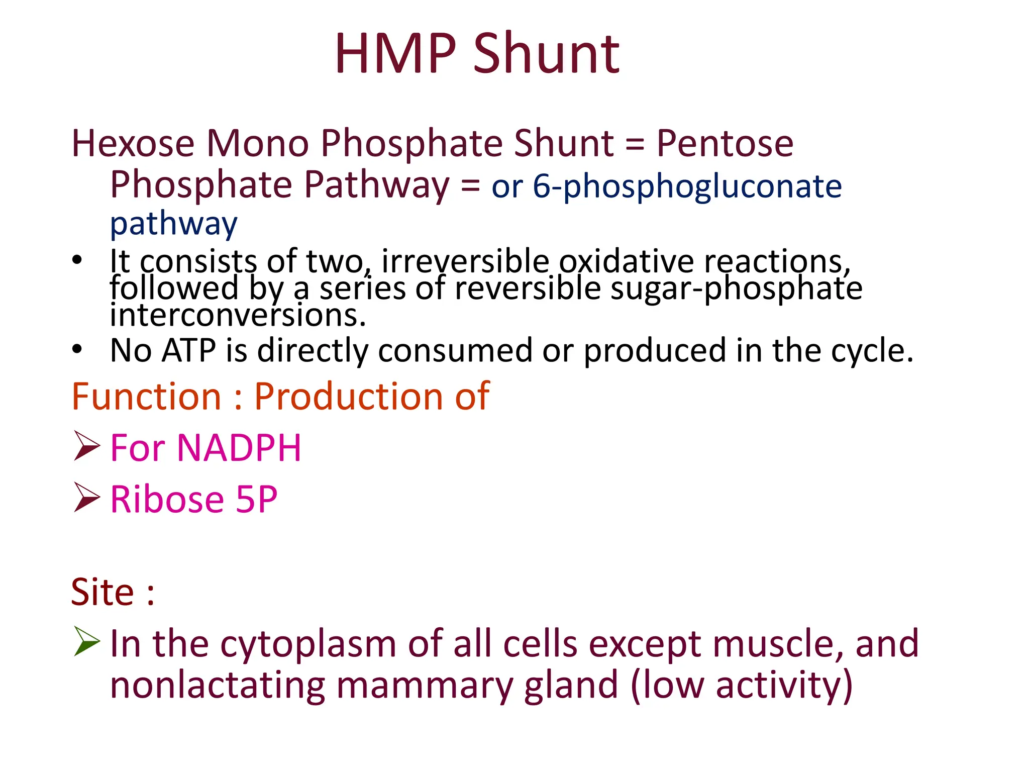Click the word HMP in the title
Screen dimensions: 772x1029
[x=395, y=54]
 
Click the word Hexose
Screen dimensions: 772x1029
[x=133, y=144]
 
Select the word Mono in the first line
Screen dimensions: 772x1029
[x=258, y=144]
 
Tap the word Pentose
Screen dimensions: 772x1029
[x=725, y=144]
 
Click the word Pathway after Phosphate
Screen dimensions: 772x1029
[x=377, y=185]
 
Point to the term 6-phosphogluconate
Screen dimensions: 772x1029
[x=687, y=187]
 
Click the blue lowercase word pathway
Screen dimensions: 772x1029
[x=173, y=225]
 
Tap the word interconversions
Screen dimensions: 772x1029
[x=238, y=316]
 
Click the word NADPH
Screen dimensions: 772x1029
[x=239, y=448]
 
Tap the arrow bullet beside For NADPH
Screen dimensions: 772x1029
[x=86, y=446]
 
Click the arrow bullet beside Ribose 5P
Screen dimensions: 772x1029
[x=86, y=497]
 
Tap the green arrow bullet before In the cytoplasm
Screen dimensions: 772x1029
[x=86, y=641]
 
